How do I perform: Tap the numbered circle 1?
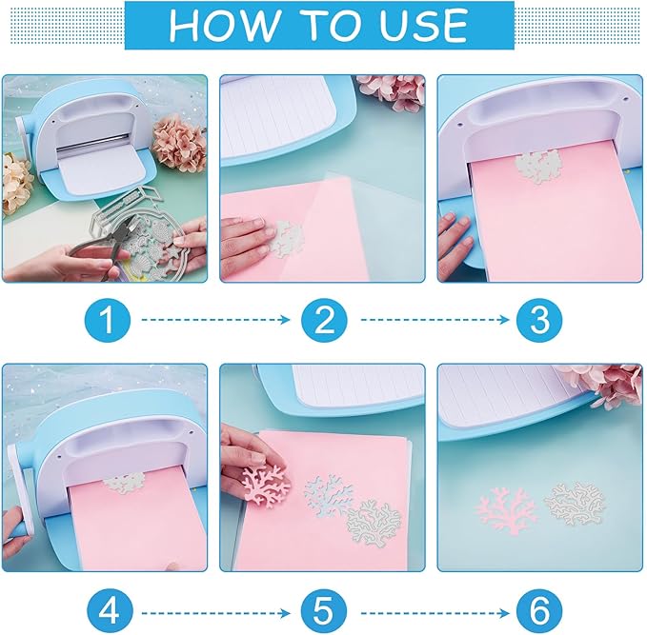[108, 320]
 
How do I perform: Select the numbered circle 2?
[324, 320]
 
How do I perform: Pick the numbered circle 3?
[539, 320]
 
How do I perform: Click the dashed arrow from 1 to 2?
[215, 321]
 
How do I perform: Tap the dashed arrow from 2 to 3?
[432, 321]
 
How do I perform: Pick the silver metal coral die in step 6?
[577, 501]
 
